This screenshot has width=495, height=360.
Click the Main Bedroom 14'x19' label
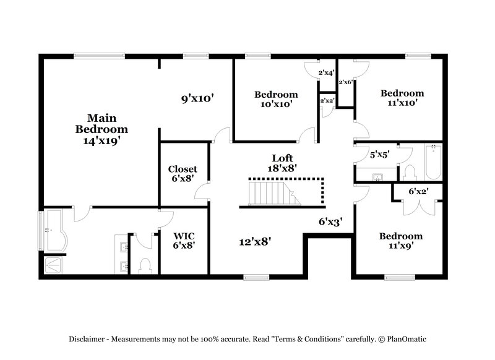[101, 129]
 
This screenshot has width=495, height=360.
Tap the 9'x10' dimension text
[197, 98]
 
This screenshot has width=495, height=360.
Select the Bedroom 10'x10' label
[276, 99]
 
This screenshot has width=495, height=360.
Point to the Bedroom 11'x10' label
[402, 98]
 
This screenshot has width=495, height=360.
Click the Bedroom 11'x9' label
[401, 240]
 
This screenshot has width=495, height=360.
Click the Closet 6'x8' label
[183, 174]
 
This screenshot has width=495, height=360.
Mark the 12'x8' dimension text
[255, 241]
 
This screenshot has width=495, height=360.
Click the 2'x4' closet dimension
[326, 73]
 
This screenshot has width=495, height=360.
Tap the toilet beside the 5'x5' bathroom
[409, 172]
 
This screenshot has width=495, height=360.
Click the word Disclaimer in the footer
[88, 339]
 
